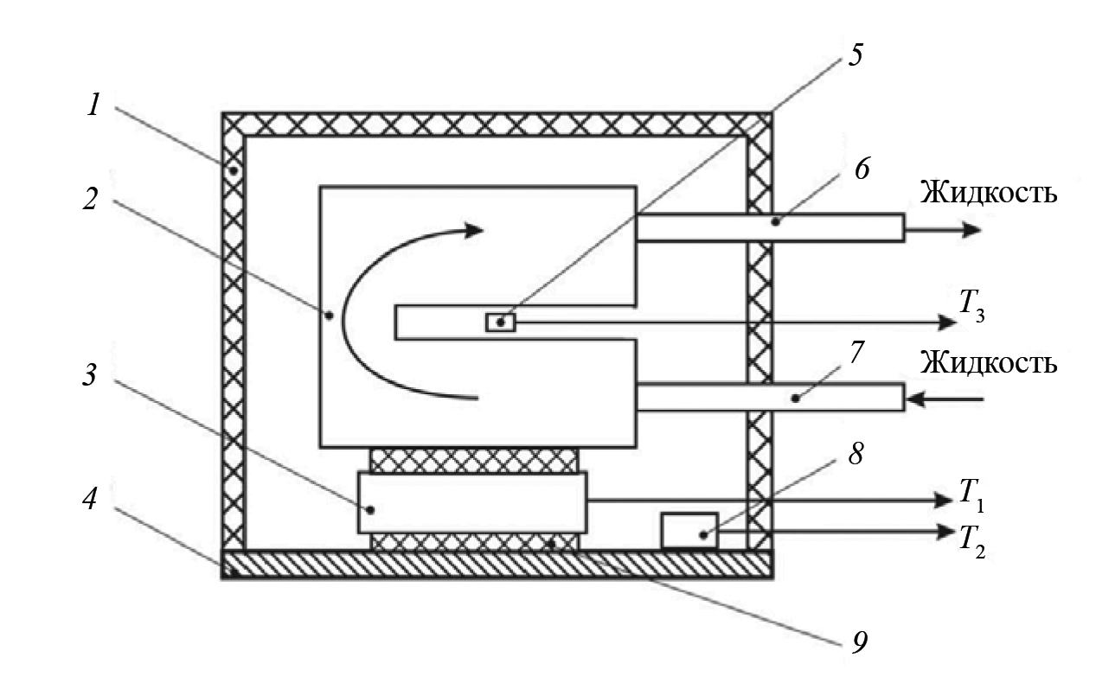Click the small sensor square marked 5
(x=501, y=322)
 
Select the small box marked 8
(x=689, y=530)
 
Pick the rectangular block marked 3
(x=472, y=502)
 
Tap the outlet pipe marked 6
(x=770, y=227)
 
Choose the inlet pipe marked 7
(x=770, y=399)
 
